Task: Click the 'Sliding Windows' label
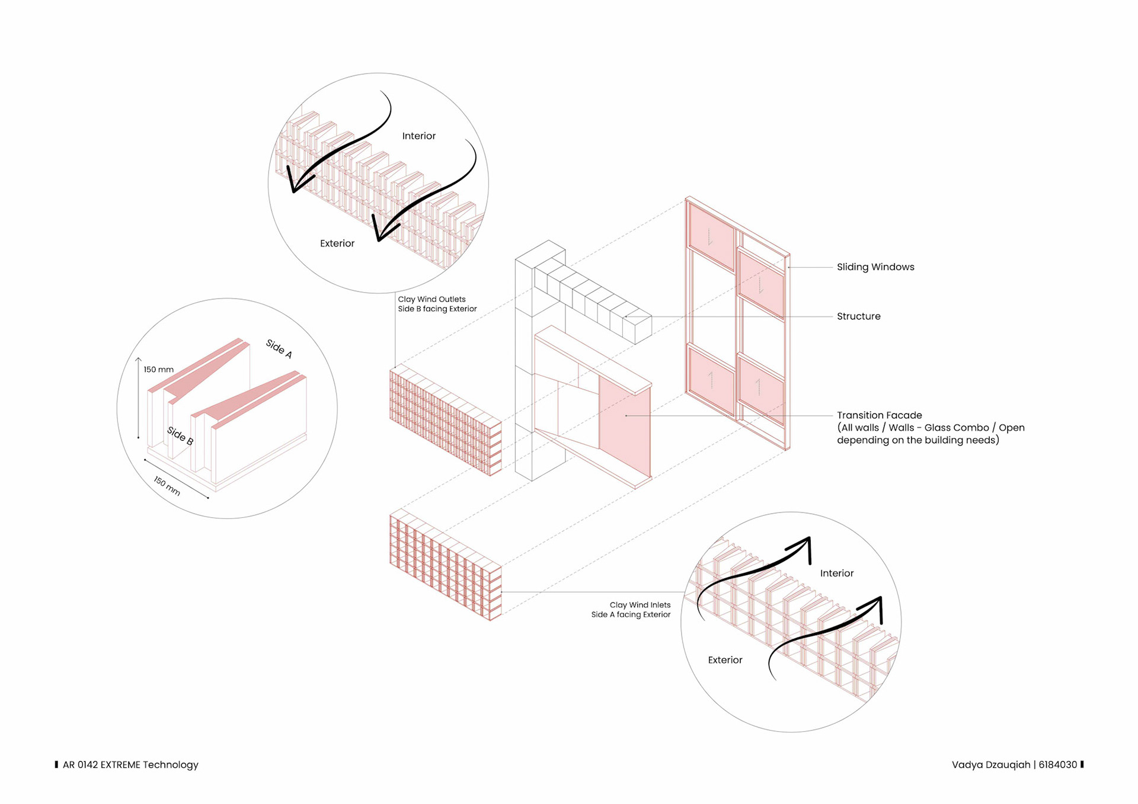click(875, 267)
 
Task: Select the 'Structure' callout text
click(858, 316)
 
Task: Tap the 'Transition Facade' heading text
click(879, 415)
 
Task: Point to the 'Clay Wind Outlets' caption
click(431, 299)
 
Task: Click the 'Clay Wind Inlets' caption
click(640, 605)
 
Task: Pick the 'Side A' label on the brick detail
click(279, 348)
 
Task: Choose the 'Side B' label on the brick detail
click(180, 435)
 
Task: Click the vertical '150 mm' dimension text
click(158, 370)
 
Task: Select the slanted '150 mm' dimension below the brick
click(167, 486)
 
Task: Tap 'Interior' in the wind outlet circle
click(418, 136)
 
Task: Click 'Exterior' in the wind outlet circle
click(337, 244)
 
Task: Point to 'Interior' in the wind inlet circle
click(836, 574)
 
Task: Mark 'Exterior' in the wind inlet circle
click(725, 660)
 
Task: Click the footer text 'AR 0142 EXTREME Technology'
click(130, 765)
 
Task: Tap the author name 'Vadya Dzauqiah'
click(990, 765)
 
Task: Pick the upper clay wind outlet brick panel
click(445, 421)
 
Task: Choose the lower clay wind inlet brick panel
click(445, 566)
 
